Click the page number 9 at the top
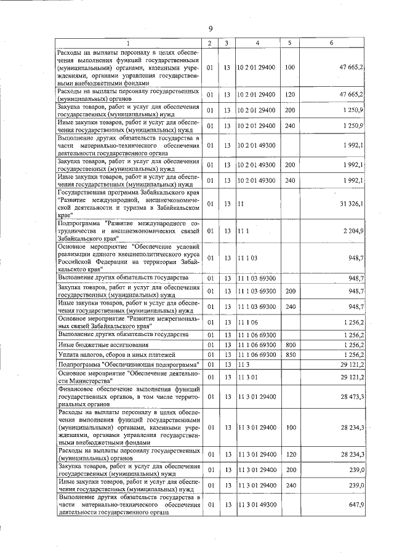coord(210,29)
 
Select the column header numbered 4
coord(257,42)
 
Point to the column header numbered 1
coord(128,42)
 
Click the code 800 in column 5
coord(291,345)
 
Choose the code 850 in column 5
coord(291,355)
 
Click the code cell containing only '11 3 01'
coord(247,377)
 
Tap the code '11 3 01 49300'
coord(257,505)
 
